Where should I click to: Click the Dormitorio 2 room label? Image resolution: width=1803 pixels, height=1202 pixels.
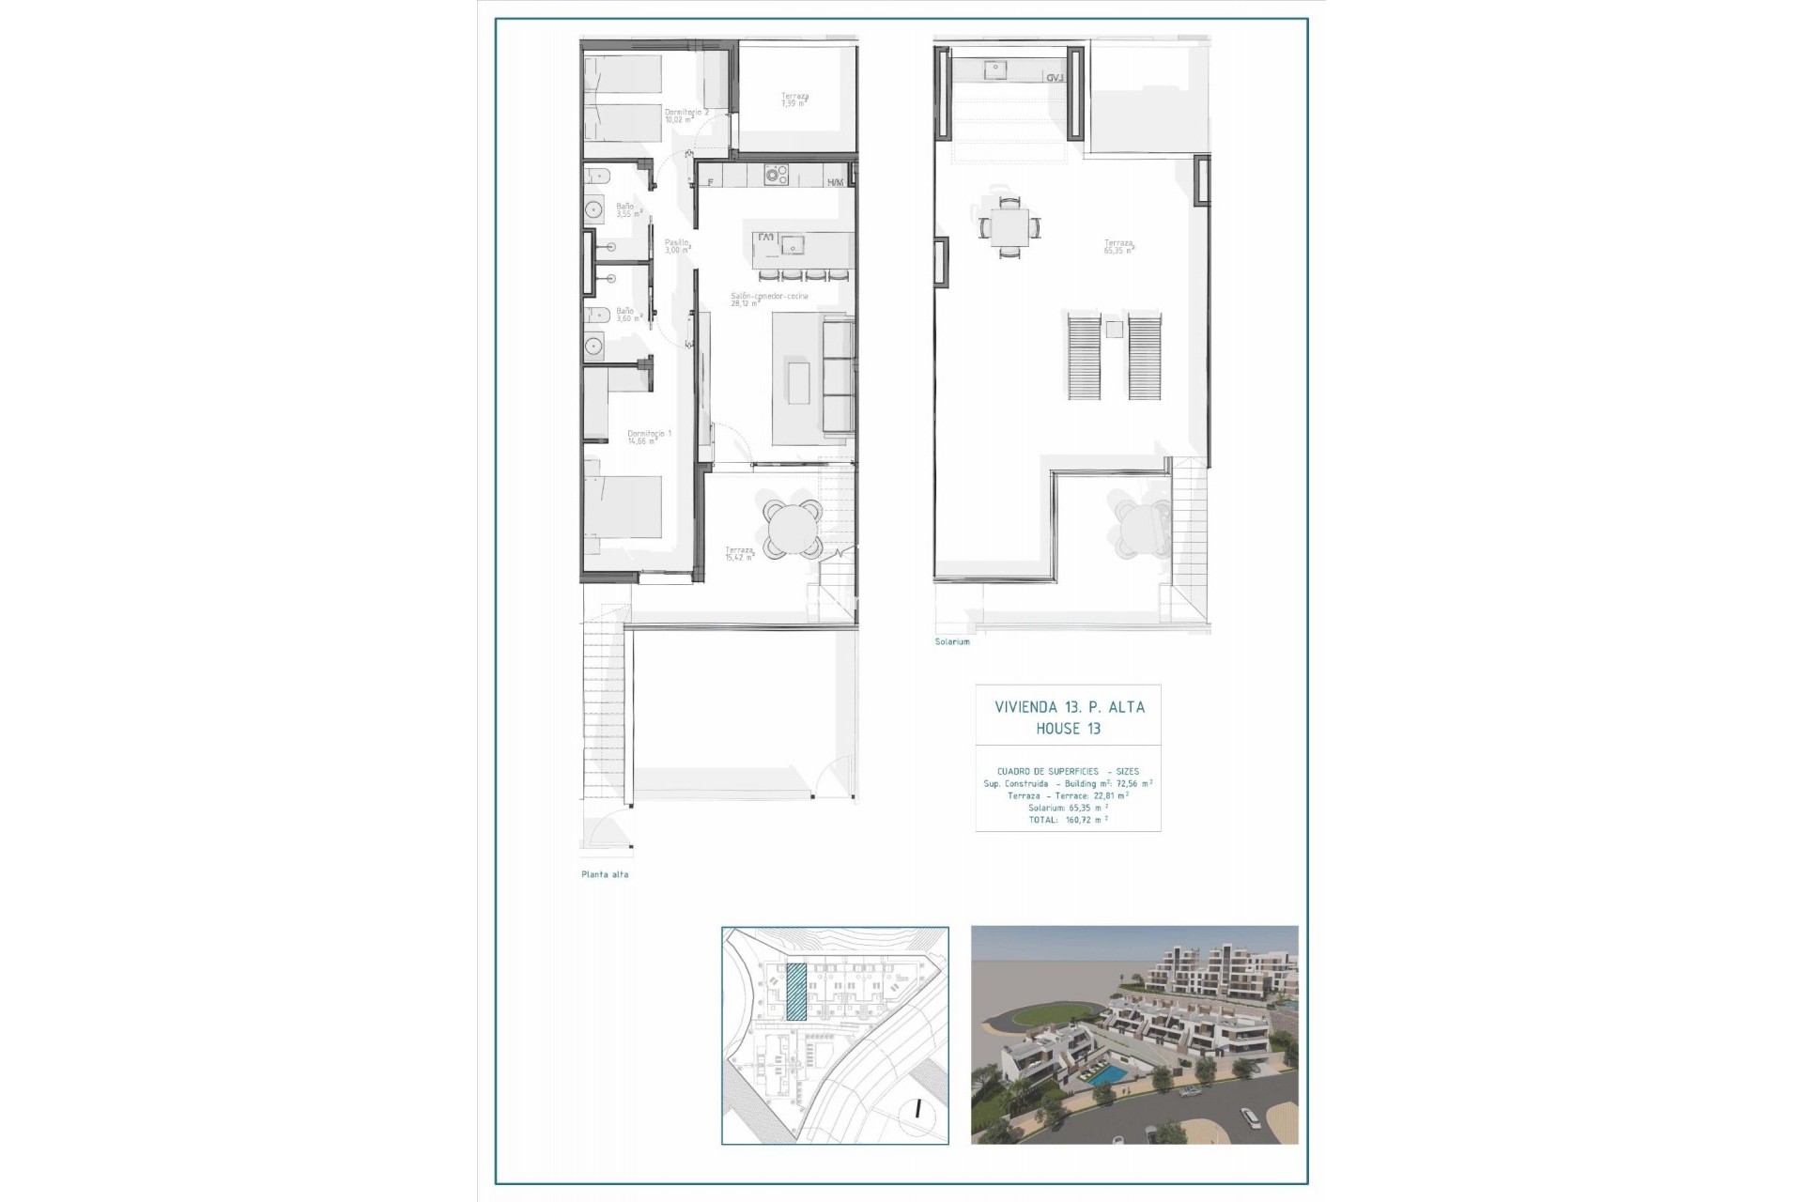pos(686,116)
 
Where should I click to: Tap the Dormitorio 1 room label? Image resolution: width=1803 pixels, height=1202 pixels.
pos(649,437)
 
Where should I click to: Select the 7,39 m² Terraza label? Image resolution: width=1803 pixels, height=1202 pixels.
pos(794,100)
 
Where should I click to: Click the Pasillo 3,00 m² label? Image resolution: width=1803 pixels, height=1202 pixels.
pos(677,246)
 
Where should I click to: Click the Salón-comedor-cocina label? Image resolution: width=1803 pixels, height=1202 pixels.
pos(769,300)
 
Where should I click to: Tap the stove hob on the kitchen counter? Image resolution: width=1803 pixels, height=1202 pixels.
pos(776,175)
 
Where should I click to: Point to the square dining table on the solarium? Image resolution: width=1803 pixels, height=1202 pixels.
pos(1009,226)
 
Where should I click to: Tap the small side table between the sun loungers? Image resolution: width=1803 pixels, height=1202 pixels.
pos(1114,329)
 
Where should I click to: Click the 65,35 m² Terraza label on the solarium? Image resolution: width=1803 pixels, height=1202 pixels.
pos(1118,247)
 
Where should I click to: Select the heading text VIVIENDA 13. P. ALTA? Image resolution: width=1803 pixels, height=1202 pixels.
pos(1070,707)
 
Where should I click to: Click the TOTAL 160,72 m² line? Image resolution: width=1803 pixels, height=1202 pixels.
pos(1069,820)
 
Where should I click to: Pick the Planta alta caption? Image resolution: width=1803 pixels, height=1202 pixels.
pos(605,874)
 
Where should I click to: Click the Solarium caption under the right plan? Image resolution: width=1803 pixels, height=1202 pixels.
pos(952,641)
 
